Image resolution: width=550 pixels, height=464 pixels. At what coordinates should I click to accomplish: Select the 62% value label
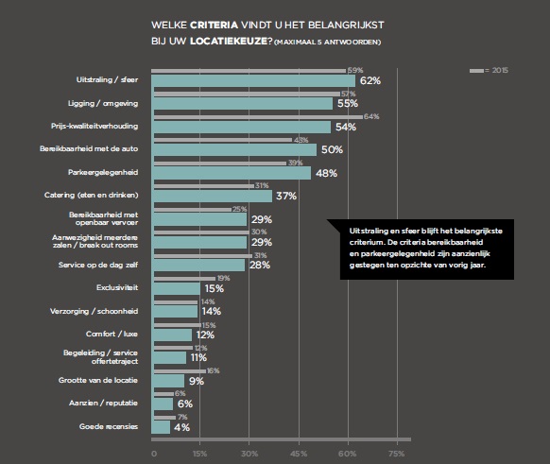point(370,81)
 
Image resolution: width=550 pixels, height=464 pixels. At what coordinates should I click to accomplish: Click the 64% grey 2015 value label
point(370,116)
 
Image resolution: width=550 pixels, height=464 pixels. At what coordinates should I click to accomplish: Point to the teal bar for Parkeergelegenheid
point(232,173)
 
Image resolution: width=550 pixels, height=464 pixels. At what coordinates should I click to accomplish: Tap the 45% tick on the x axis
point(299,454)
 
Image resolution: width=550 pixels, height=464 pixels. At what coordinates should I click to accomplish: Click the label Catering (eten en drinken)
point(105,197)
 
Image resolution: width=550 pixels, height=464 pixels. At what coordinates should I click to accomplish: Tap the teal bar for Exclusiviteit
point(177,288)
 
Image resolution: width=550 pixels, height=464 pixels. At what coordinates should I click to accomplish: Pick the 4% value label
point(183,426)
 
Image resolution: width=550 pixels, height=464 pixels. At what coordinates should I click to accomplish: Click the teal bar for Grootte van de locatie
point(169,380)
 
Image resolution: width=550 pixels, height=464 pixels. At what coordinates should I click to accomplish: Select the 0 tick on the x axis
point(154,454)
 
